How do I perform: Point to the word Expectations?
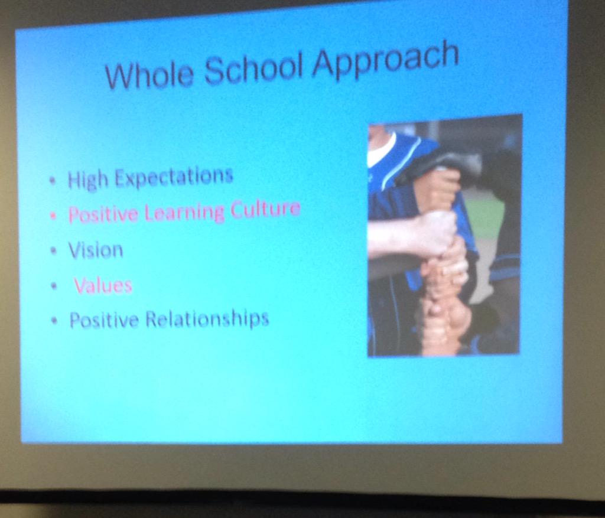174,177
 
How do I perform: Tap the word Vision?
96,250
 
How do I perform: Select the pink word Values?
103,286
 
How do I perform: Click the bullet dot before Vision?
54,251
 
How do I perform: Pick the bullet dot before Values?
54,286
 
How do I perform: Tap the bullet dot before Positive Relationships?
56,322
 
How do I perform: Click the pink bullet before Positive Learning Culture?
54,216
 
